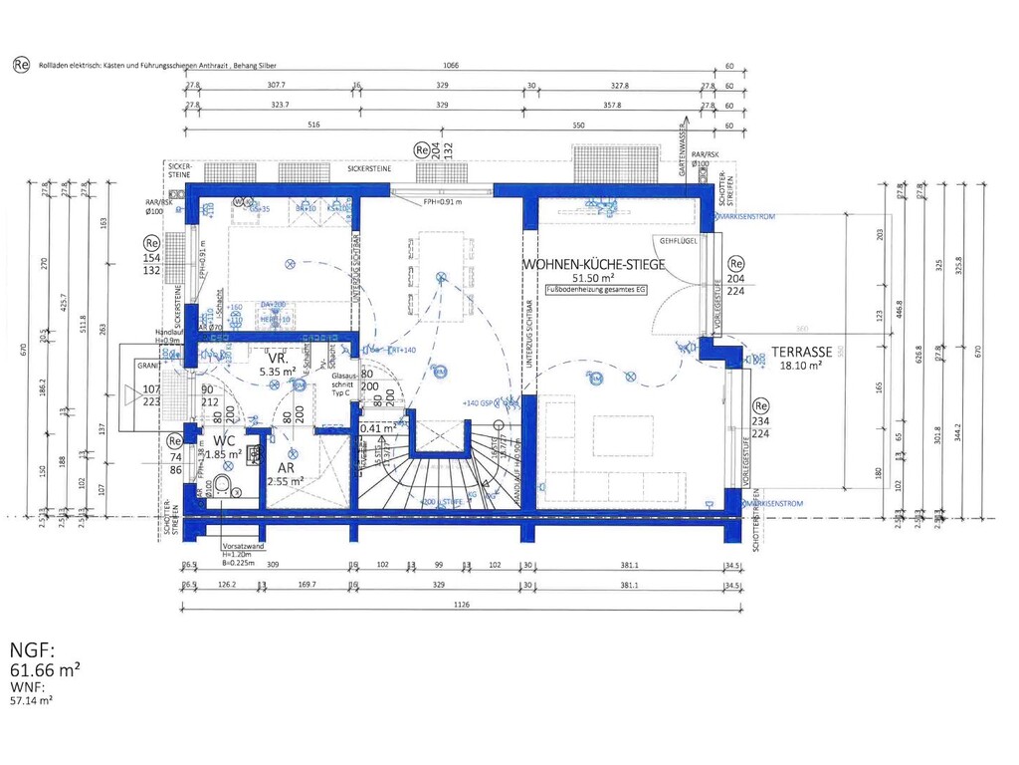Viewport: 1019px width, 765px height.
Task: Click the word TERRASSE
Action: tap(800, 353)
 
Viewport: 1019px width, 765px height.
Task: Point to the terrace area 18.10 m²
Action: tap(800, 367)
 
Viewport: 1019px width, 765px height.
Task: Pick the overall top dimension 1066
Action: tap(451, 65)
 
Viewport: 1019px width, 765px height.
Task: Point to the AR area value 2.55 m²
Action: tap(284, 481)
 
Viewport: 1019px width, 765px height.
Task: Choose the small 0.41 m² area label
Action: tap(376, 428)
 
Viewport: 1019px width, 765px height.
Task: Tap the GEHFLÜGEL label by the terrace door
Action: tap(676, 241)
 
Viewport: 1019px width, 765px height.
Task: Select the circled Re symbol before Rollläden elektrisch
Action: tap(20, 64)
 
